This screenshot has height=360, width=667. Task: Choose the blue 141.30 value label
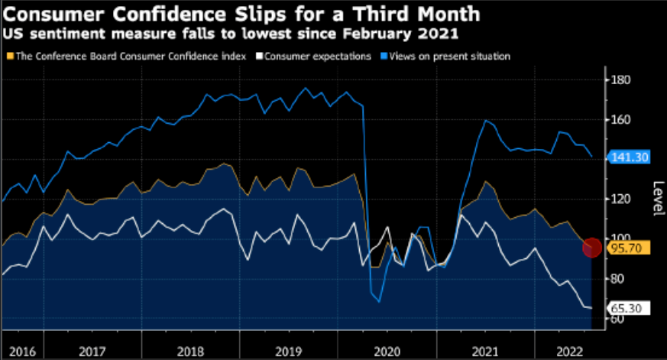pyautogui.click(x=628, y=157)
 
